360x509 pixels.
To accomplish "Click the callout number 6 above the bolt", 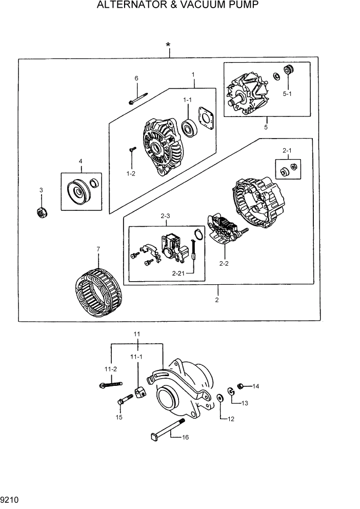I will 136,79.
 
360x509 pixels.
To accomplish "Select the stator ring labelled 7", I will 98,291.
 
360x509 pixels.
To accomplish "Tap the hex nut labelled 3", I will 42,211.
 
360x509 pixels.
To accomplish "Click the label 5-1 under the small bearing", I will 287,94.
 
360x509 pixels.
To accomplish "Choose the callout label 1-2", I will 131,173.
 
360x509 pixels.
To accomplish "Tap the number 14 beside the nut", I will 255,386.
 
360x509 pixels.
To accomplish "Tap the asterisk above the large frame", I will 168,46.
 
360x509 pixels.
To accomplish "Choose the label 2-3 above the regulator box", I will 165,217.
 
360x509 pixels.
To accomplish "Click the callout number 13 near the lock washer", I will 245,403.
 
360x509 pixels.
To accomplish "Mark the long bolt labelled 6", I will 138,98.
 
